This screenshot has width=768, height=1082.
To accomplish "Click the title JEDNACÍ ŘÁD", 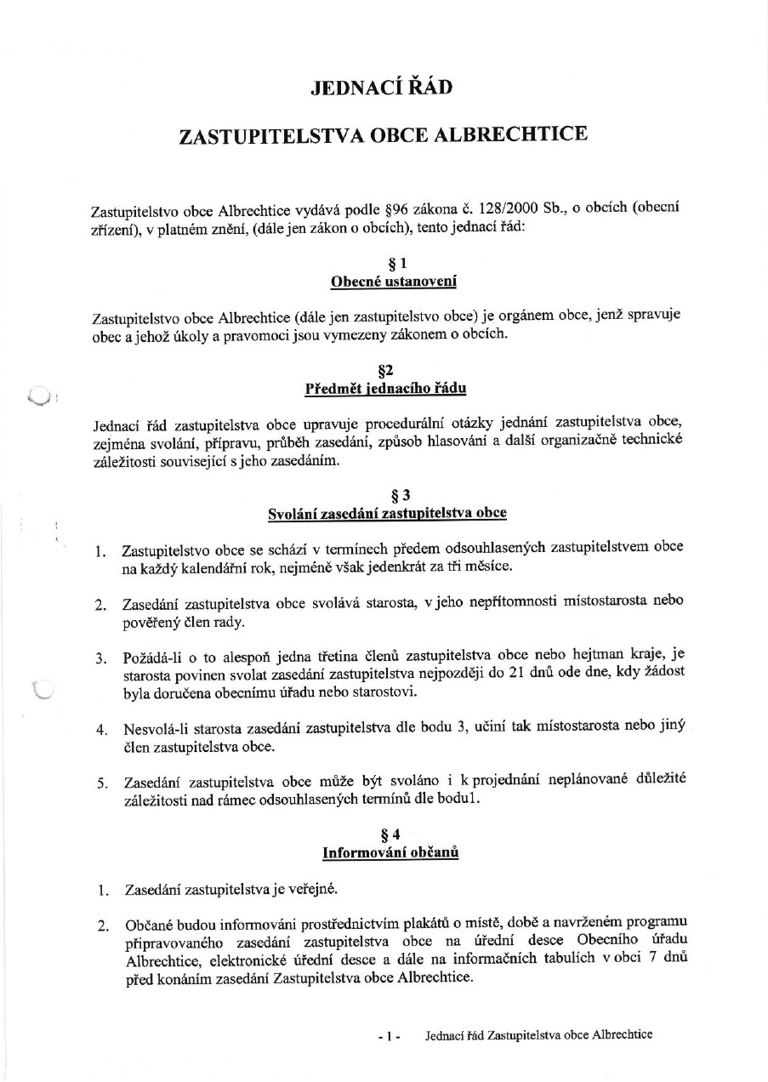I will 382,87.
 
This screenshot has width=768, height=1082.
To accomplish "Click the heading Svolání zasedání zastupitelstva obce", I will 387,513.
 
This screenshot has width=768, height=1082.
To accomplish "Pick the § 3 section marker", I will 388,496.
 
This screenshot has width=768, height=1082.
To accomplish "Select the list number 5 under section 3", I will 100,783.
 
